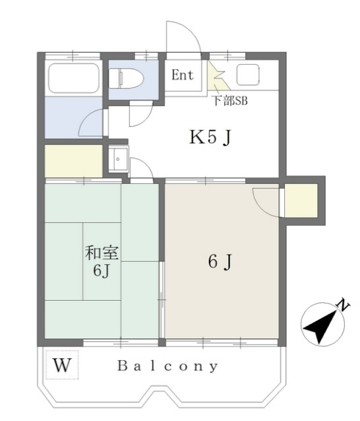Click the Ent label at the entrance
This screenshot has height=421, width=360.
point(183,75)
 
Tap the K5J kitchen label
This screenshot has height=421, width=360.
point(210,138)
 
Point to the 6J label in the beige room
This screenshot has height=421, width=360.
point(220,262)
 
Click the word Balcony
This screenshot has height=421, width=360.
point(168,366)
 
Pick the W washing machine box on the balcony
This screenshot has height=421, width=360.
point(62,364)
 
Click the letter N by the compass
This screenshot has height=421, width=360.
point(342,305)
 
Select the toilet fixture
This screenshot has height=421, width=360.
point(125,78)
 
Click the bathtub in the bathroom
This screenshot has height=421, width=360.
point(73,77)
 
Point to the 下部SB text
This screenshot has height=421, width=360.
point(229,102)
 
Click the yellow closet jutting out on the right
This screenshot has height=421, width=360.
point(301,201)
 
